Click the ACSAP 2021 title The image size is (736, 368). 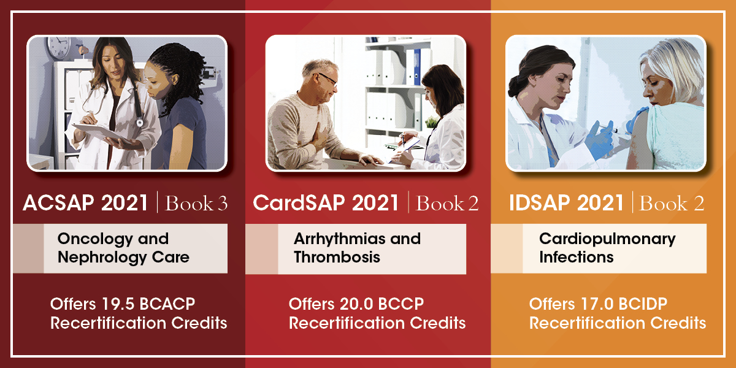pyautogui.click(x=85, y=204)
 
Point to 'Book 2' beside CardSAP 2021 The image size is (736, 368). pyautogui.click(x=447, y=204)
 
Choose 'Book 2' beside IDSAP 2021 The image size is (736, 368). pyautogui.click(x=672, y=204)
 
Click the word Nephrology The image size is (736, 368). pyautogui.click(x=98, y=256)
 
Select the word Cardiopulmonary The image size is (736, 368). pyautogui.click(x=607, y=239)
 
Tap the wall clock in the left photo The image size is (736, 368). pyautogui.click(x=59, y=47)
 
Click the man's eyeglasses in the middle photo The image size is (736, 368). pyautogui.click(x=328, y=80)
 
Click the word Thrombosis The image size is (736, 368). pyautogui.click(x=337, y=256)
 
